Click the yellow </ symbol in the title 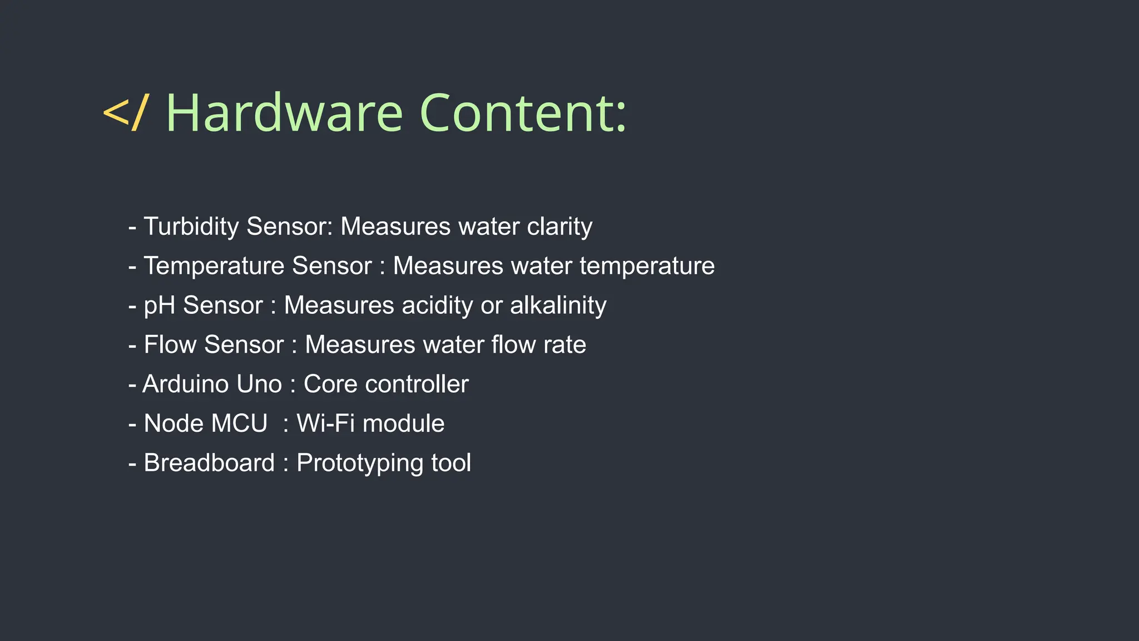(x=126, y=113)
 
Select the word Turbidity (x=191, y=226)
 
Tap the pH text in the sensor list (x=160, y=305)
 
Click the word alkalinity (x=558, y=305)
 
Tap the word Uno (x=259, y=384)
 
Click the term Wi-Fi (x=325, y=424)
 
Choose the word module (x=403, y=424)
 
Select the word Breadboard (x=209, y=464)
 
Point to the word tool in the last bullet (x=451, y=464)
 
